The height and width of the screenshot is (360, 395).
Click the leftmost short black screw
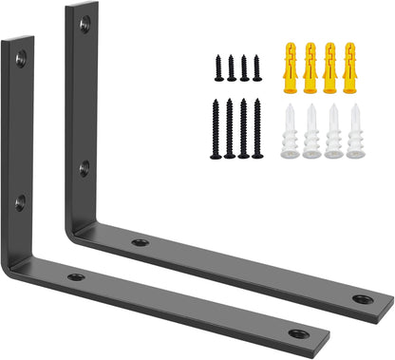pos(217,67)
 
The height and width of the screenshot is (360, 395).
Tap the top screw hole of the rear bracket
pos(85,23)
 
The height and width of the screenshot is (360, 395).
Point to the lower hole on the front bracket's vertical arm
pos(19,201)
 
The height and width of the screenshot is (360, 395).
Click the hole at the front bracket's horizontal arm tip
pos(297,334)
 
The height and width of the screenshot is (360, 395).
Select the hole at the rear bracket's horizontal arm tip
pos(362,299)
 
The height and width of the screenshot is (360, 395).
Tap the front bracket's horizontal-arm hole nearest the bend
pos(76,277)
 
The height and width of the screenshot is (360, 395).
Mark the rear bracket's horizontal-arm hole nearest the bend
pos(141,243)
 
